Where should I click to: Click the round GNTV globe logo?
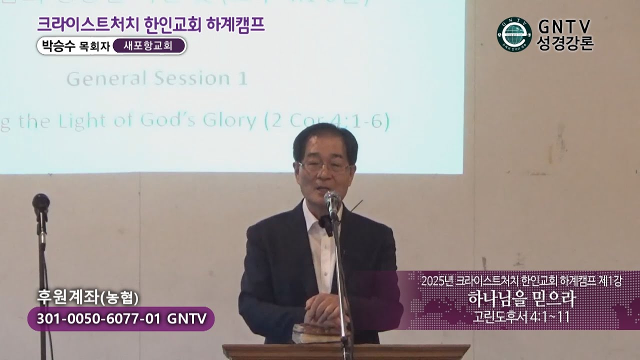(514, 34)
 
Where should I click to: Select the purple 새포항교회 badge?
(149, 46)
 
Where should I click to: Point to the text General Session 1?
(156, 78)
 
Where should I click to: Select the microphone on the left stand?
(41, 202)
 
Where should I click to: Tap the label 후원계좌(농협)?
(87, 297)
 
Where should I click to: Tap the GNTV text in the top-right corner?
(565, 26)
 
